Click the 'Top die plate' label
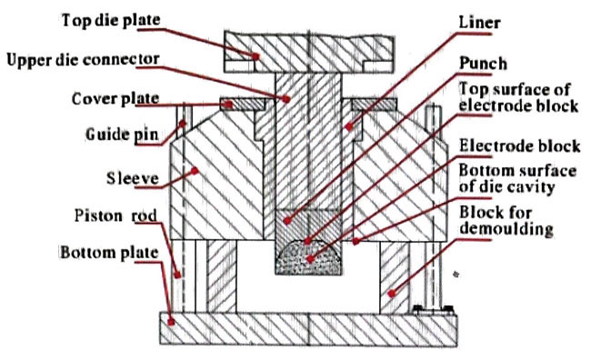111,20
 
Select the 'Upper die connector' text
83,60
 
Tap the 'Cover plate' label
115,99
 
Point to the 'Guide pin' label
122,135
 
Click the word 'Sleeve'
133,178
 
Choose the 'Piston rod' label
115,215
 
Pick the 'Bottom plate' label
109,253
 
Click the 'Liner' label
479,23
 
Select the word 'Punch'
483,64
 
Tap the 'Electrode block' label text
520,145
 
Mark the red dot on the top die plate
255,56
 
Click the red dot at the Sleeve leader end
195,171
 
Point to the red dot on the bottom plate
171,323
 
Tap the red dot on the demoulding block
392,293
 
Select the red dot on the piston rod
177,275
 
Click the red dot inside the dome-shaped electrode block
310,259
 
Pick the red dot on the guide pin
183,124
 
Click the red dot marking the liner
349,127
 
